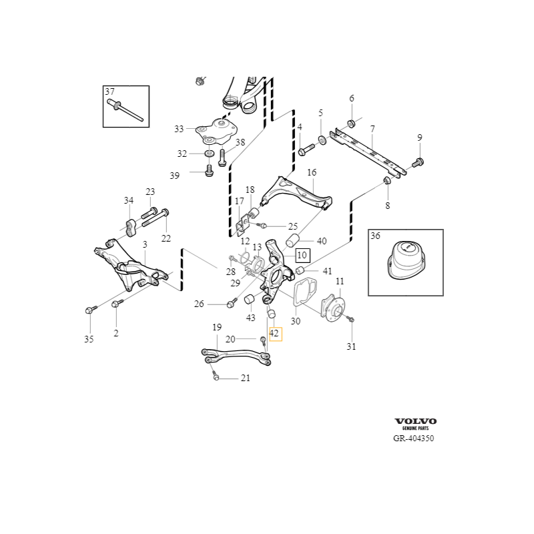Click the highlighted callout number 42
pyautogui.click(x=276, y=333)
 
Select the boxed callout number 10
pyautogui.click(x=302, y=255)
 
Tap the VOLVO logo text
pyautogui.click(x=415, y=421)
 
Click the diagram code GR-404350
pyautogui.click(x=413, y=439)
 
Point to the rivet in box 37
pyautogui.click(x=125, y=109)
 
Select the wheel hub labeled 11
pyautogui.click(x=333, y=308)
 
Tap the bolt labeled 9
pyautogui.click(x=418, y=163)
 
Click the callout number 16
pyautogui.click(x=312, y=173)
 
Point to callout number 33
pyautogui.click(x=179, y=129)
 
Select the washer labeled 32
pyautogui.click(x=209, y=154)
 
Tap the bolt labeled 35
pyautogui.click(x=91, y=310)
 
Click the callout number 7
pyautogui.click(x=372, y=129)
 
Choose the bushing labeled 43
pyautogui.click(x=250, y=300)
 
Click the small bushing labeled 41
pyautogui.click(x=299, y=271)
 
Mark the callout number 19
pyautogui.click(x=217, y=327)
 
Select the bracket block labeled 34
pyautogui.click(x=129, y=228)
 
